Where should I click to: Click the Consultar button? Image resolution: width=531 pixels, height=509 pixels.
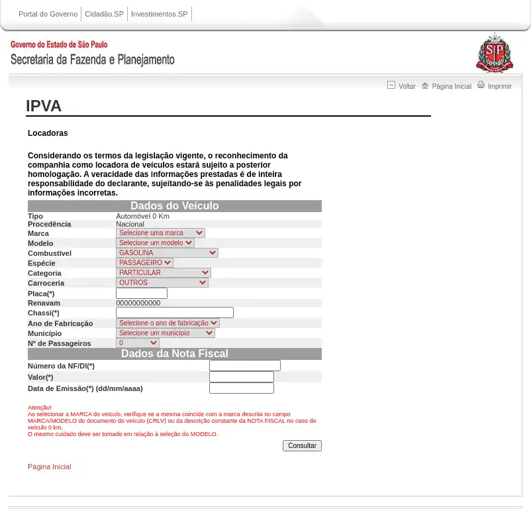click(x=302, y=446)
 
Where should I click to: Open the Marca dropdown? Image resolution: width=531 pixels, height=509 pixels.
click(x=160, y=233)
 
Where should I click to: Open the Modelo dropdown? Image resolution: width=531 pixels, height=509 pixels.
click(x=155, y=243)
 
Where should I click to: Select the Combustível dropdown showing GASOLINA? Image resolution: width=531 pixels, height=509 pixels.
click(x=167, y=253)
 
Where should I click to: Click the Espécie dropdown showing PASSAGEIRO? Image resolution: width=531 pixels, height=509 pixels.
click(x=144, y=263)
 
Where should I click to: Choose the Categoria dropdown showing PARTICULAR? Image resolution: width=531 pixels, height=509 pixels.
click(x=164, y=273)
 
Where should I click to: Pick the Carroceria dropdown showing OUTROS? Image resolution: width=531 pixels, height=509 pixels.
click(x=162, y=283)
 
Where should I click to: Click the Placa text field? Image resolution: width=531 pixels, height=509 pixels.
click(x=142, y=294)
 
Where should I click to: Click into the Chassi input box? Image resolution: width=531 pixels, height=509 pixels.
click(x=175, y=313)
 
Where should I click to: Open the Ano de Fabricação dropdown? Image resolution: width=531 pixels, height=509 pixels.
click(x=168, y=323)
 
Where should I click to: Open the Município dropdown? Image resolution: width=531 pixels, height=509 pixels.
click(x=166, y=333)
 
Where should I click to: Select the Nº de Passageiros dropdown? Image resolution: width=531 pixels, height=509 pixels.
click(x=138, y=343)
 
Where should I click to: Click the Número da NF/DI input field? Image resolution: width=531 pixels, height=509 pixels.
click(x=245, y=366)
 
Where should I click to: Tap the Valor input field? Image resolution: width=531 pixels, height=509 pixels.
click(x=242, y=377)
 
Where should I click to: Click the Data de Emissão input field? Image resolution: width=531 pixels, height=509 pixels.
click(x=242, y=388)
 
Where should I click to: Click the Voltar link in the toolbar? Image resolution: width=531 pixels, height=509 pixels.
click(x=407, y=86)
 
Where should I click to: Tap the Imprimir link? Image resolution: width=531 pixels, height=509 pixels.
click(x=499, y=86)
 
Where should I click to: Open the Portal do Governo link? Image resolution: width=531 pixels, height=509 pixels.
click(x=48, y=14)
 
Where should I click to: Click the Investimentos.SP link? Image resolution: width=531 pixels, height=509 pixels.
click(x=159, y=14)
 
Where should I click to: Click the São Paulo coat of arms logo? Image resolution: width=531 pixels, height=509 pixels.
click(x=495, y=53)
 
